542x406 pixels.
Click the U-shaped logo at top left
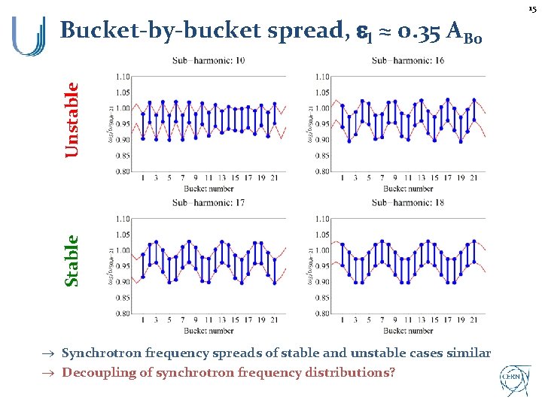click(x=29, y=36)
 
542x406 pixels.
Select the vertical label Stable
click(x=72, y=262)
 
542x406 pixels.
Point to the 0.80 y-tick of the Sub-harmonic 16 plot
click(x=321, y=171)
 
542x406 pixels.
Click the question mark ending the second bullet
click(x=391, y=372)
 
